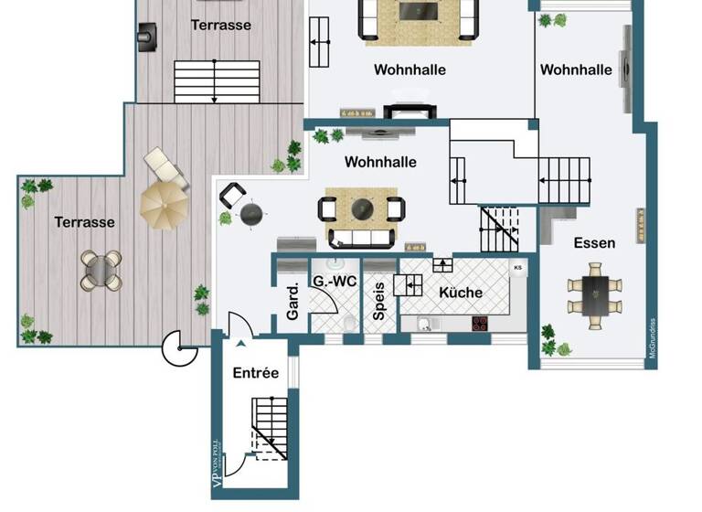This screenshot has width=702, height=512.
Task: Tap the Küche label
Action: (x=461, y=293)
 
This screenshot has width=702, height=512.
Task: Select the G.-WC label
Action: (x=335, y=281)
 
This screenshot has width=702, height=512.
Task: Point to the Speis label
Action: (x=379, y=302)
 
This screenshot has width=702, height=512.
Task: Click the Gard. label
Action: (x=293, y=301)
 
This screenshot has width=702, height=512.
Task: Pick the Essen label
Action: (x=594, y=243)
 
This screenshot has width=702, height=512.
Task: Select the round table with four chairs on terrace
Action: (x=101, y=271)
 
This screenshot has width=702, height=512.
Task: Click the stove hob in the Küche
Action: (x=482, y=323)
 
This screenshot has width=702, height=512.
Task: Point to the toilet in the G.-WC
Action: (x=349, y=323)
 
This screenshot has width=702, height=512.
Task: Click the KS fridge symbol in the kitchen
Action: (x=518, y=268)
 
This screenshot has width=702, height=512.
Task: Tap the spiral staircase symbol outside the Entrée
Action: (x=179, y=347)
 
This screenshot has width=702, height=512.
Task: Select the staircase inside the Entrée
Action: (x=271, y=430)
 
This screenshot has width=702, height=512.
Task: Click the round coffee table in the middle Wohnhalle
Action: (x=363, y=207)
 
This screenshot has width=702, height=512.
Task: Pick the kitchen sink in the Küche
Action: (x=426, y=324)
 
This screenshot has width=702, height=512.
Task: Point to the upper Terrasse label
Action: (x=221, y=26)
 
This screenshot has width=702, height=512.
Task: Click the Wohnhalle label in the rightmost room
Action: (x=576, y=69)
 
